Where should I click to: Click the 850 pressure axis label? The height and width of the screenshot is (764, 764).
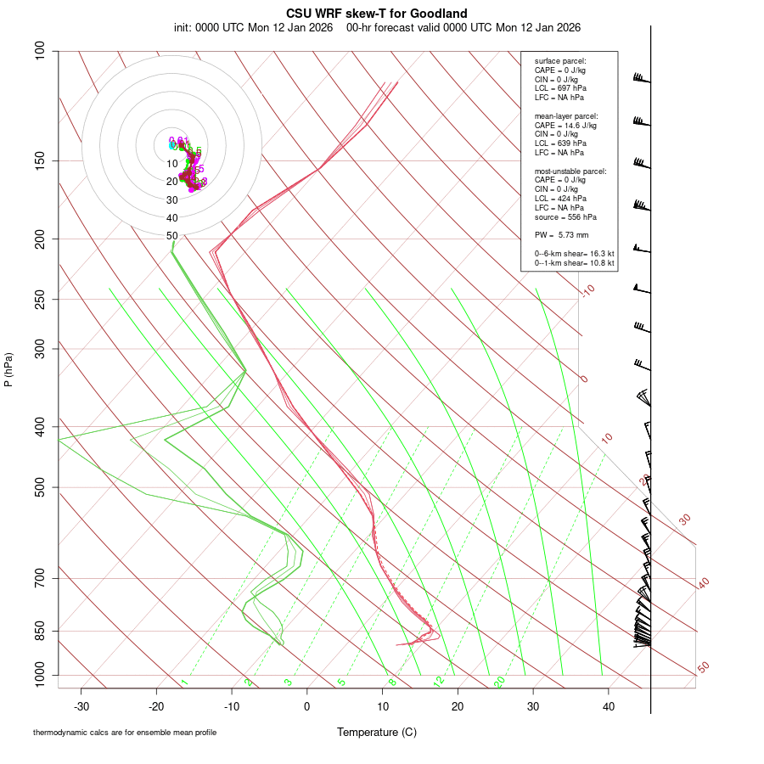point(40,632)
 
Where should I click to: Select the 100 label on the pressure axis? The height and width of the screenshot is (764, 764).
point(40,52)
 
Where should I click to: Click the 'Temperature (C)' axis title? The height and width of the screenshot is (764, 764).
point(377,732)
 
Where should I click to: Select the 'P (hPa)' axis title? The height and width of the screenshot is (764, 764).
point(8,369)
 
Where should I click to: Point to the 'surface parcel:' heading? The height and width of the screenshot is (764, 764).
point(560,61)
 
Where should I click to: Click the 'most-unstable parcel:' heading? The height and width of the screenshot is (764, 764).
point(570,171)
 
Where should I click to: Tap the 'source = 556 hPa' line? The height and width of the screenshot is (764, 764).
point(565,217)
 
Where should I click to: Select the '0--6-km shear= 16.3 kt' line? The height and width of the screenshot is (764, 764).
point(574,254)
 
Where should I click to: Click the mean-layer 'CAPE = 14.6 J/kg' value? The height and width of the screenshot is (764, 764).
point(565,126)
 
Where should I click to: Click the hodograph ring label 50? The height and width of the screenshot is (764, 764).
point(171,236)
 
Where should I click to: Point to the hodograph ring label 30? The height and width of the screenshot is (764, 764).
point(171,200)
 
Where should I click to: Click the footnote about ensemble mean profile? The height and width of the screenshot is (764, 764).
point(125,733)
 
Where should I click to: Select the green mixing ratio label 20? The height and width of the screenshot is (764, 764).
point(500,682)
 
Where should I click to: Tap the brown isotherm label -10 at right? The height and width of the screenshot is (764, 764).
point(587,290)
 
